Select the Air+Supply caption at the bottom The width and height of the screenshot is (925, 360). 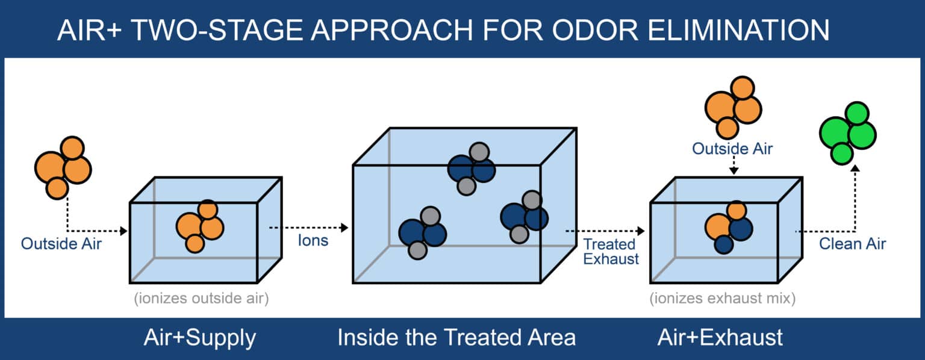tap(199, 338)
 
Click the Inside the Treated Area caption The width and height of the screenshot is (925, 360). tap(456, 338)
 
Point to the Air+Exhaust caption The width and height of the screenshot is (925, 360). tap(720, 338)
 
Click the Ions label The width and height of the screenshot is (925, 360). tap(313, 241)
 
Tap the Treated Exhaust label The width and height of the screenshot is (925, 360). tap(609, 252)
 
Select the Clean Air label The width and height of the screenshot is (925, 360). tap(852, 244)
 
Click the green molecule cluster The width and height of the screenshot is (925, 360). tap(847, 134)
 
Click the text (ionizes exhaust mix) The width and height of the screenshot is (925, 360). tap(722, 299)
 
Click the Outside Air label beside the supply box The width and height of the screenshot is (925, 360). tap(61, 244)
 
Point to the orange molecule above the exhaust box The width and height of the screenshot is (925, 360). tap(733, 107)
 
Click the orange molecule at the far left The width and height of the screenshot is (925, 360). tap(63, 168)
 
